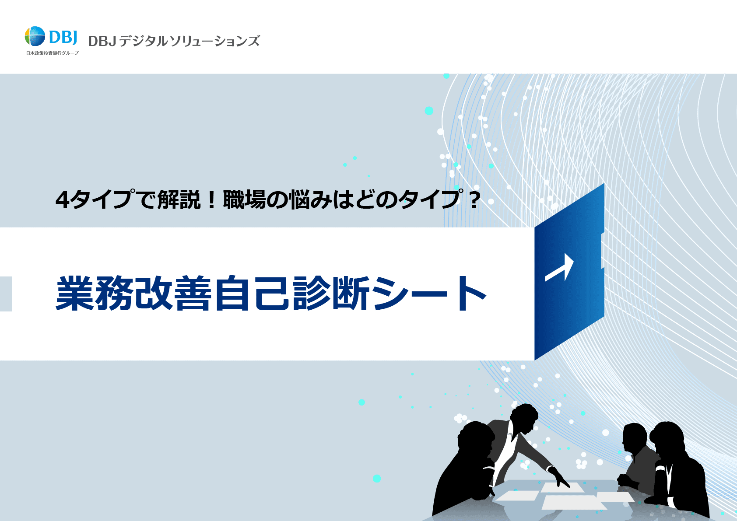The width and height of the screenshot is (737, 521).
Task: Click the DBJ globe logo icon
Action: pyautogui.click(x=35, y=36)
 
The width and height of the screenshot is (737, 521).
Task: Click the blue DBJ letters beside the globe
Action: pyautogui.click(x=63, y=37)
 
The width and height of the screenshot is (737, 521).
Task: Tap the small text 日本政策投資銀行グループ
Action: pyautogui.click(x=53, y=53)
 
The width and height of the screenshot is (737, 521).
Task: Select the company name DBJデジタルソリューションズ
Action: pyautogui.click(x=174, y=41)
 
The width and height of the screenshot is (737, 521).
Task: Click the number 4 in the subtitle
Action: pyautogui.click(x=62, y=200)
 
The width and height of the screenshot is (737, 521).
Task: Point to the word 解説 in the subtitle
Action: pyautogui.click(x=179, y=199)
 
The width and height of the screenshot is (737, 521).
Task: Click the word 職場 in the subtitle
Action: pyautogui.click(x=245, y=199)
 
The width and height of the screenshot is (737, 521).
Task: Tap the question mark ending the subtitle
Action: pyautogui.click(x=474, y=200)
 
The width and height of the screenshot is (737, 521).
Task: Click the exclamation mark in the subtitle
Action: pyautogui.click(x=212, y=200)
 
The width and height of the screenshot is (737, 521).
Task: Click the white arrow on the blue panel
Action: pyautogui.click(x=559, y=267)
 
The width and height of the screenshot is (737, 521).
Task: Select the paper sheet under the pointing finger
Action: pyautogui.click(x=562, y=487)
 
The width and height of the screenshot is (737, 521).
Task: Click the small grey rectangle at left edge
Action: pyautogui.click(x=6, y=294)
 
